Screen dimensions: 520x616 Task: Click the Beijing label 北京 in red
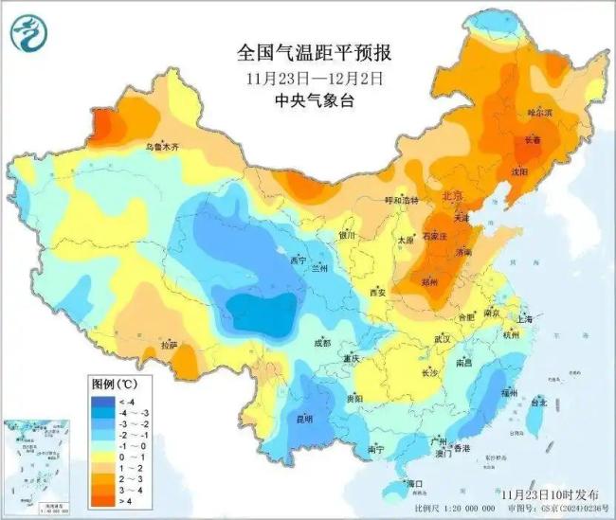(453, 196)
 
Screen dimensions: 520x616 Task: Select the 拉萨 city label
(169, 346)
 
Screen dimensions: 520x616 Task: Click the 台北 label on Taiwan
(537, 402)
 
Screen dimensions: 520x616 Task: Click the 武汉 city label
(445, 338)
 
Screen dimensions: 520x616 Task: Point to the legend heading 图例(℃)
(115, 385)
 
